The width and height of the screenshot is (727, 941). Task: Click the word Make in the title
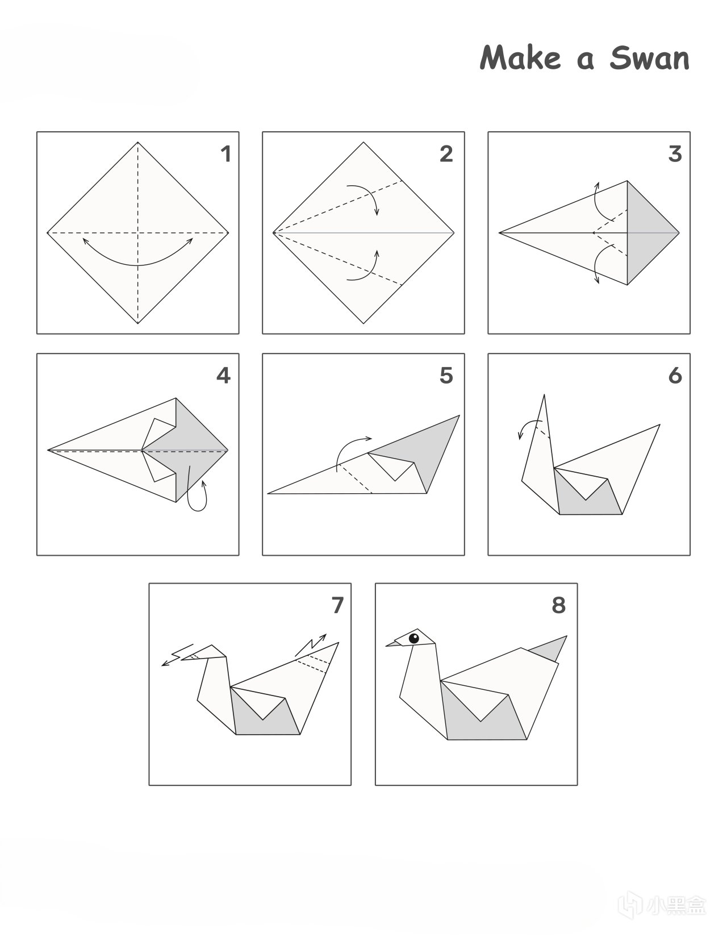pos(520,57)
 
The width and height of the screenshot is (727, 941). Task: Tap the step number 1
pos(226,154)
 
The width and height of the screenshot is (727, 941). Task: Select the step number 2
pos(446,154)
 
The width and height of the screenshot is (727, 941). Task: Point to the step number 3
pos(675,154)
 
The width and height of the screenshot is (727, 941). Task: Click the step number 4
pos(223,376)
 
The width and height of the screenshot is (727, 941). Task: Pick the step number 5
pos(446,376)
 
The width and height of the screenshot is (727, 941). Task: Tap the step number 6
pos(675,376)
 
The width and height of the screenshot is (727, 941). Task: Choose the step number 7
pos(337,605)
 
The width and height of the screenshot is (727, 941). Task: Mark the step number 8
pos(559,605)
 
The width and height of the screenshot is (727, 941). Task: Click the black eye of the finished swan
pos(413,638)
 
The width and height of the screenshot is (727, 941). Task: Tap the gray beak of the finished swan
pos(394,643)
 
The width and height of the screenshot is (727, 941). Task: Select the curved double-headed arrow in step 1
pos(137,265)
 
